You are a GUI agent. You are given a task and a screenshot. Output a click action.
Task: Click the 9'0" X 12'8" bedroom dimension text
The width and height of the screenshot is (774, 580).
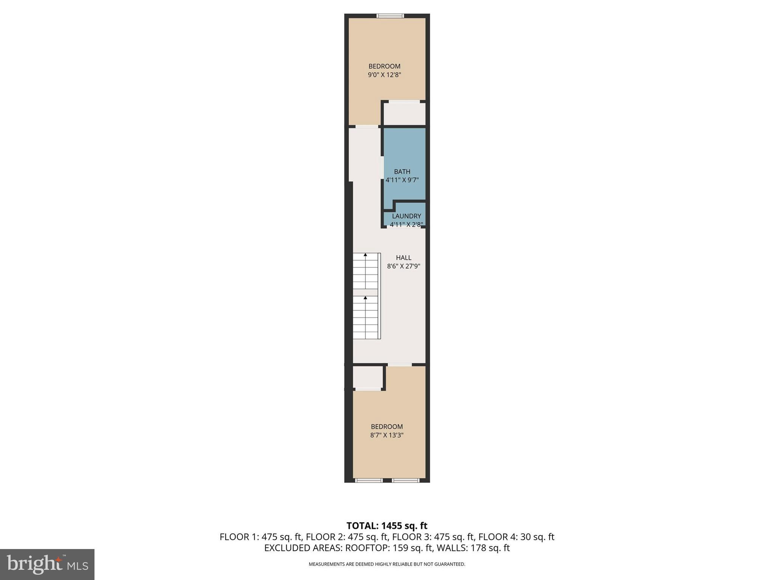pos(384,75)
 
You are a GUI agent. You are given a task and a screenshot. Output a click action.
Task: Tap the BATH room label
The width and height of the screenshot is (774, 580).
pos(402,171)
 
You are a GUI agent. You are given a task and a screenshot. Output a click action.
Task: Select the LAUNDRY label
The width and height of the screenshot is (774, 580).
pos(406,216)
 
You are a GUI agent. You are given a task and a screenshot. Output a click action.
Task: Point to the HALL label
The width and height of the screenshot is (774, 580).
pos(404,258)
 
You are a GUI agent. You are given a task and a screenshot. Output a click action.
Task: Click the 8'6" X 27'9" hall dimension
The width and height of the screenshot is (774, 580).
pos(404,266)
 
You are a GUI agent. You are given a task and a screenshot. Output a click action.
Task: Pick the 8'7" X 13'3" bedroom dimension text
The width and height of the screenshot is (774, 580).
pos(387,435)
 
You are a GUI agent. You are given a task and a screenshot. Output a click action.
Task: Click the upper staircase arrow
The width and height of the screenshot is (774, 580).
pos(365,255)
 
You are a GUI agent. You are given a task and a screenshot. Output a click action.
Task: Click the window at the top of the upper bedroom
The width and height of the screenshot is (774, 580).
pos(390,16)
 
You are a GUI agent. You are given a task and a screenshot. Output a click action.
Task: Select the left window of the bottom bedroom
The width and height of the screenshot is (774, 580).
pos(369,480)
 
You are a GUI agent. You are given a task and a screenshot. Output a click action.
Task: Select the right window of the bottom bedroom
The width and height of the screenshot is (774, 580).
pos(405,480)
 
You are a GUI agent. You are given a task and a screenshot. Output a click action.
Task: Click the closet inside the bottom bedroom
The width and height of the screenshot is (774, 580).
pos(368,377)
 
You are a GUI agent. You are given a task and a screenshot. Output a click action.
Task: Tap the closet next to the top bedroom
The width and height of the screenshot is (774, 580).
pos(404,114)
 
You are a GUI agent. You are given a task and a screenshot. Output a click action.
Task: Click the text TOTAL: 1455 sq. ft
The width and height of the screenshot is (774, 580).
pos(387,526)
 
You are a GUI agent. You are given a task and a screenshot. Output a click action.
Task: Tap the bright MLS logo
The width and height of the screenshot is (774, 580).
pos(47,564)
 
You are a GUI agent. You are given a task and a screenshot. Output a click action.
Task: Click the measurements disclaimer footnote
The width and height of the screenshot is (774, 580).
pos(387,564)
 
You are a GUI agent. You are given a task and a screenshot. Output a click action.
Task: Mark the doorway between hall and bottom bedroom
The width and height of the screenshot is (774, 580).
pos(399,364)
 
